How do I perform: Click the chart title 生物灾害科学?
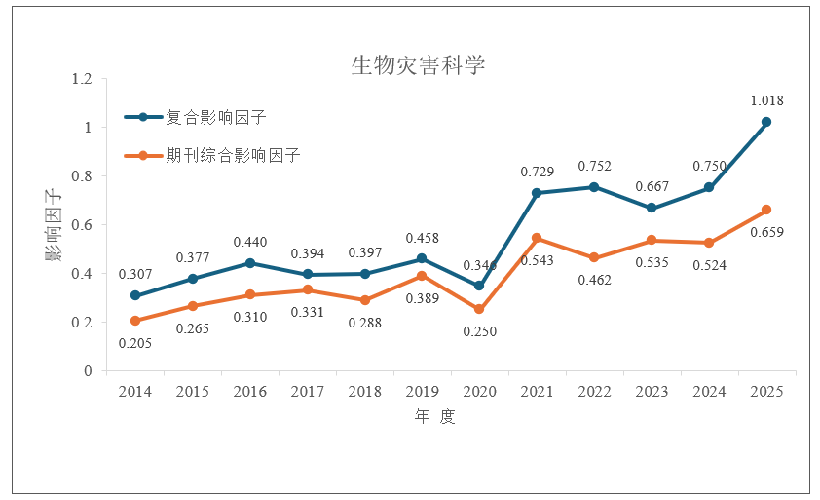coord(418,65)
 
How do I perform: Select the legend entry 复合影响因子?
coord(216,117)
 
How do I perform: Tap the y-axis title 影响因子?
coord(51,225)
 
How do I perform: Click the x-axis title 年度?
coord(433,417)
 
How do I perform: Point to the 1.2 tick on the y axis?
coord(82,79)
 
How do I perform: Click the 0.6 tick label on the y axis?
coord(82,225)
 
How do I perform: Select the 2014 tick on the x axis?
coord(134,391)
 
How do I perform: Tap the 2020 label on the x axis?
coord(479,391)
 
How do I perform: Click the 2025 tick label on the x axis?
coord(765,391)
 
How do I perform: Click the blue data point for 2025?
coord(766,122)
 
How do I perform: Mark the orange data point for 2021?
coord(537,238)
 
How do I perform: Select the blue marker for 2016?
coord(249,263)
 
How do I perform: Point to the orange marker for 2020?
coord(479,309)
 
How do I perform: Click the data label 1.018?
coord(766,100)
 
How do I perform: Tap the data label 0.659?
coord(767,232)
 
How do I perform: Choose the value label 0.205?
coord(135,342)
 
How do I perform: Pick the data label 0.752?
coord(594,166)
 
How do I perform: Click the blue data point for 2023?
coord(652,209)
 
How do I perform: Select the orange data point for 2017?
coord(307,289)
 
